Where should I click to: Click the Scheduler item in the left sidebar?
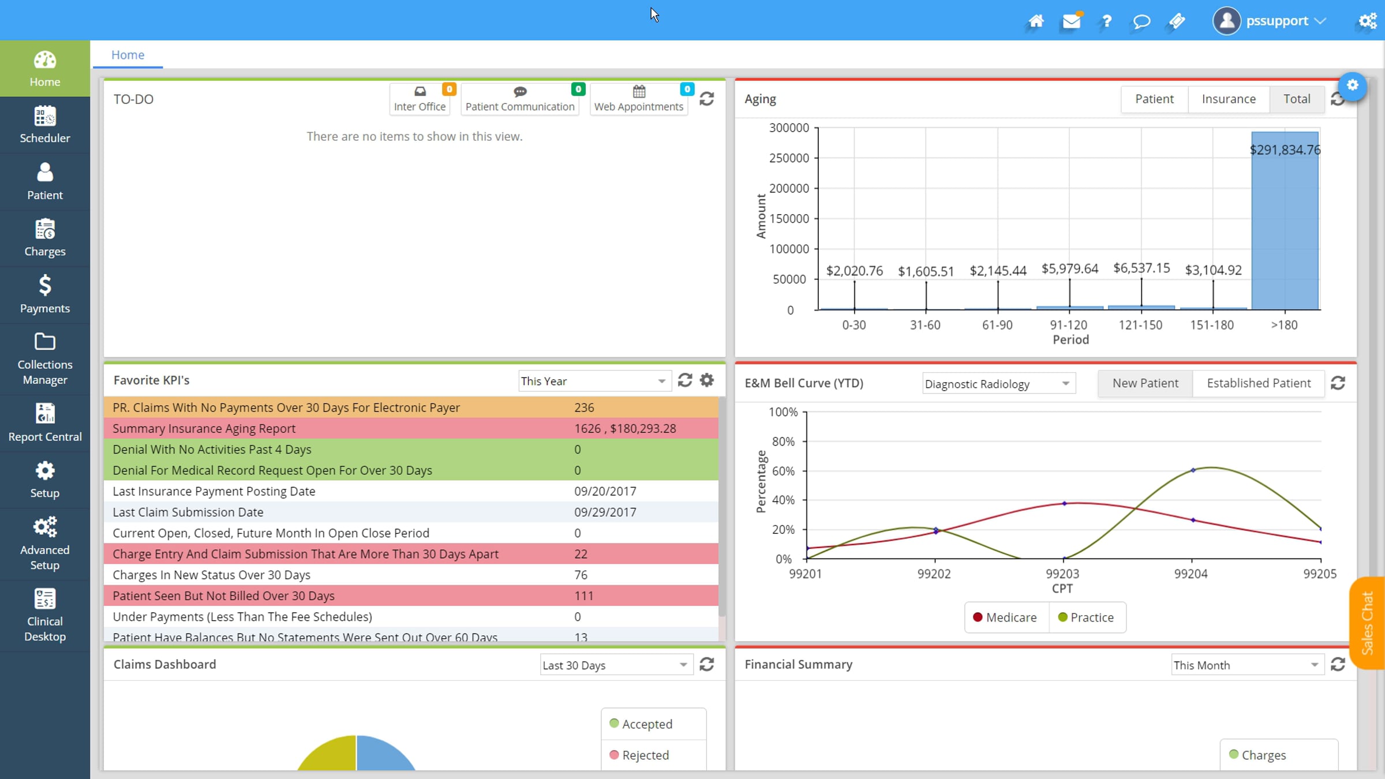click(45, 125)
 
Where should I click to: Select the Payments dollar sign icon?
click(45, 285)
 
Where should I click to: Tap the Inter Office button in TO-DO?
click(420, 99)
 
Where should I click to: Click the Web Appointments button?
click(639, 99)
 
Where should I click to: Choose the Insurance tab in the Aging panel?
click(1229, 99)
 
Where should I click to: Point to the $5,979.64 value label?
click(1069, 268)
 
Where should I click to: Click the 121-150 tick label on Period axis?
click(1140, 325)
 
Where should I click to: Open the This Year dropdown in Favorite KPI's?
click(594, 381)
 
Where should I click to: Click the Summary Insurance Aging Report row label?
click(204, 428)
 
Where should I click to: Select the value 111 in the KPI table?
click(583, 596)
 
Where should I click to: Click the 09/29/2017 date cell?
click(605, 512)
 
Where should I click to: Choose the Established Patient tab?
click(1259, 383)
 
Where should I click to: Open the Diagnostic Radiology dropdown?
click(998, 384)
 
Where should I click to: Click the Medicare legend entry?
click(1005, 617)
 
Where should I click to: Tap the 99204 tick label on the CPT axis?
click(1191, 574)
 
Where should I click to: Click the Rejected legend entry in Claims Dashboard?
click(639, 755)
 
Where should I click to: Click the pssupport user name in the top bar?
click(1277, 21)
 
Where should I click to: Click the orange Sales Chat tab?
click(1367, 623)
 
